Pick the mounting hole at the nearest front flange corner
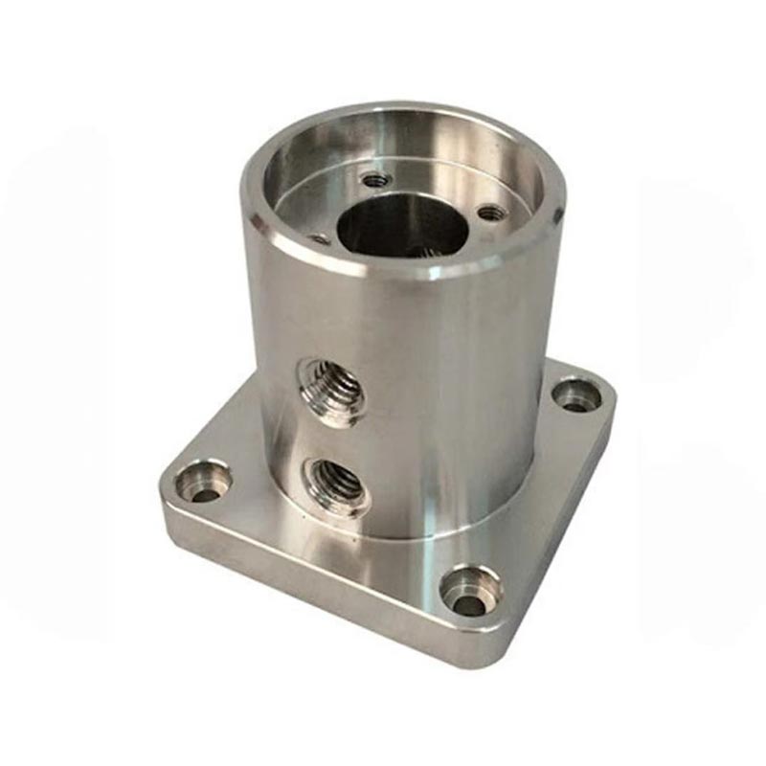(468, 593)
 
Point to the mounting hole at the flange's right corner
(574, 394)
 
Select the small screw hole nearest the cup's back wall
(372, 177)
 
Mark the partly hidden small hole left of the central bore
(321, 237)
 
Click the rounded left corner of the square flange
(165, 488)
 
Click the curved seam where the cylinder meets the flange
(402, 536)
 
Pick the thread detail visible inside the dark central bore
(421, 251)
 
